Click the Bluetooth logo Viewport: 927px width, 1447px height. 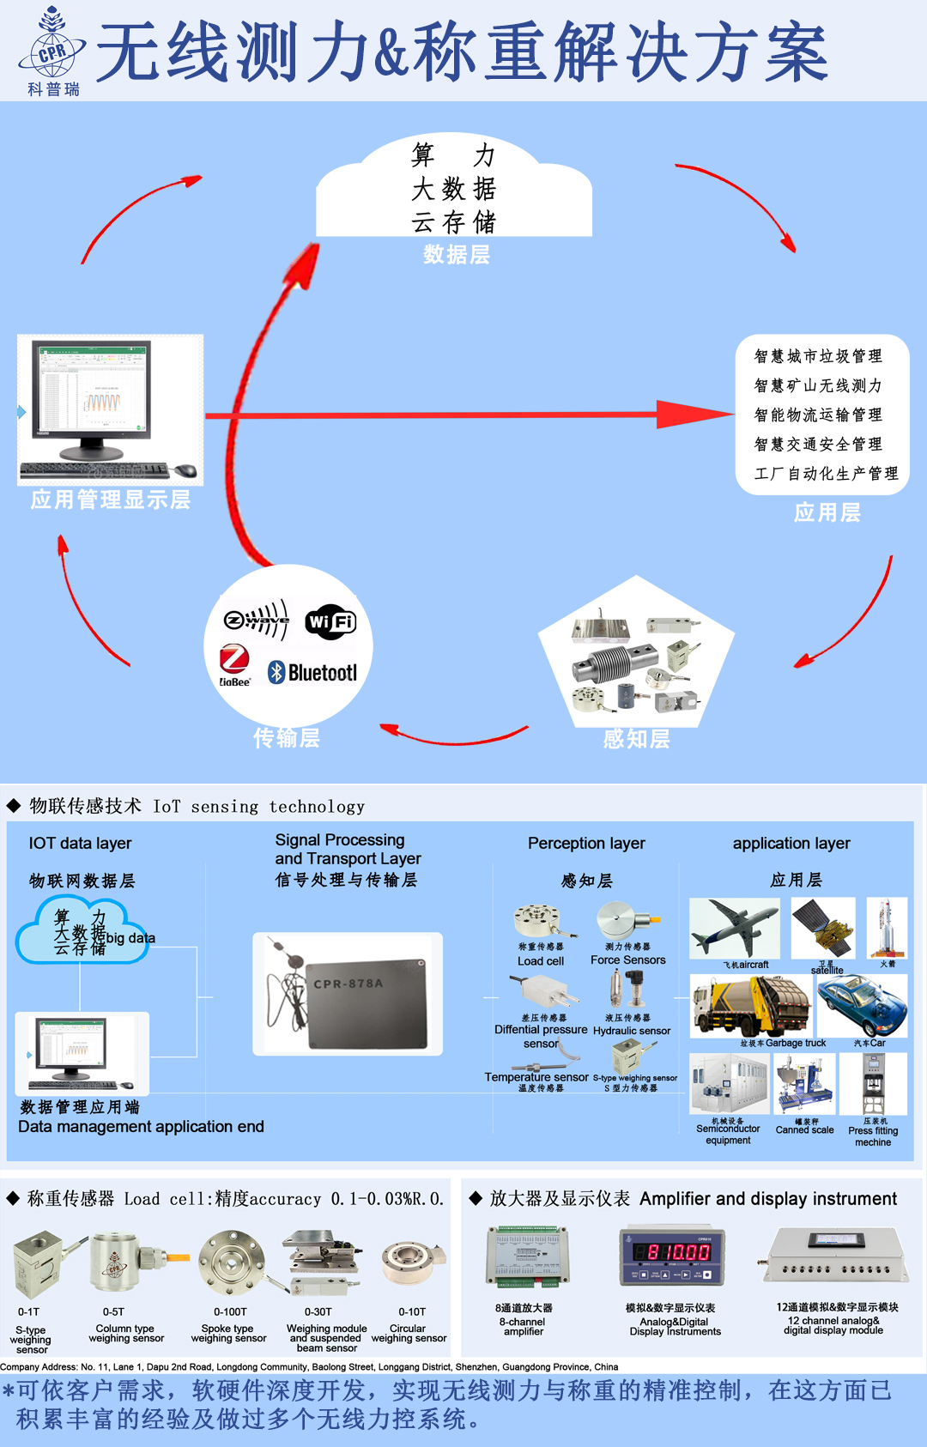pyautogui.click(x=312, y=672)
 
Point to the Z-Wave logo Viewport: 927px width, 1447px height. pyautogui.click(x=257, y=619)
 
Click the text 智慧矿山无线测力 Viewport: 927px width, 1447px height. pyautogui.click(x=817, y=386)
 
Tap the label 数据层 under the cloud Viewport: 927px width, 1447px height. pyautogui.click(x=457, y=255)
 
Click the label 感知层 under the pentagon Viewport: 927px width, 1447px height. pyautogui.click(x=636, y=738)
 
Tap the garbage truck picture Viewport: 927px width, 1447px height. pyautogui.click(x=751, y=1008)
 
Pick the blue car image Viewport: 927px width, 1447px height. pyautogui.click(x=861, y=1006)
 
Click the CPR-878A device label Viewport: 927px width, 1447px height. pyautogui.click(x=348, y=984)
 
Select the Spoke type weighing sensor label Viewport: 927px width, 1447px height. pyautogui.click(x=228, y=1333)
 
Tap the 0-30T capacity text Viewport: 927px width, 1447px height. pyautogui.click(x=318, y=1311)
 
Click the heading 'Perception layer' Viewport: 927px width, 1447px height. pyautogui.click(x=586, y=844)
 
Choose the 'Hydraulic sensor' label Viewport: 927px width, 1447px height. pyautogui.click(x=632, y=1031)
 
